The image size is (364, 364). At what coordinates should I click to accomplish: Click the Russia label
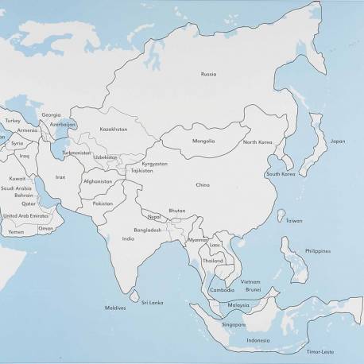[x=209, y=74]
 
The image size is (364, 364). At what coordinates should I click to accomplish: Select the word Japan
[x=338, y=141]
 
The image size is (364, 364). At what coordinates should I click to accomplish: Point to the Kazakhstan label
[x=114, y=129]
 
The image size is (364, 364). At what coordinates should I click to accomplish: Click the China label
[x=203, y=185]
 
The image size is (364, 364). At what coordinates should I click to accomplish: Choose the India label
[x=128, y=238]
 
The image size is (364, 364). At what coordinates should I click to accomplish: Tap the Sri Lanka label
[x=153, y=302]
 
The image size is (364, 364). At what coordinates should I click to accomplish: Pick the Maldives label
[x=116, y=308]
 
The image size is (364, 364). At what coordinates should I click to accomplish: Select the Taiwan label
[x=294, y=220]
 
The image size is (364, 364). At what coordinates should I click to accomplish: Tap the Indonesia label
[x=258, y=340]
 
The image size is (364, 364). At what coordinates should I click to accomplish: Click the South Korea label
[x=281, y=173]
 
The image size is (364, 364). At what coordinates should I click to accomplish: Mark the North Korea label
[x=258, y=142]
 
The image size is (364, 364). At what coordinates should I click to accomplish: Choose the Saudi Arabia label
[x=17, y=188]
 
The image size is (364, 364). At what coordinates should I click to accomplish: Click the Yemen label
[x=16, y=232]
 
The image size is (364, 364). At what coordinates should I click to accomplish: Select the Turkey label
[x=13, y=121]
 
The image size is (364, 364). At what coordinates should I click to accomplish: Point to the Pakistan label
[x=103, y=203]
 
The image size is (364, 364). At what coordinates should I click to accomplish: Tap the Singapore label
[x=234, y=324]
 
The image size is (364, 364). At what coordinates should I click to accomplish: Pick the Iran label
[x=60, y=177]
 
